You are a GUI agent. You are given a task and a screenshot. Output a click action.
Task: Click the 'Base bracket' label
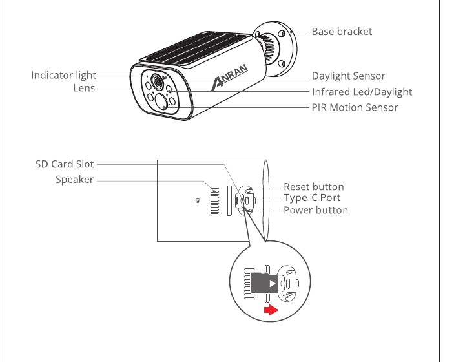pyautogui.click(x=342, y=32)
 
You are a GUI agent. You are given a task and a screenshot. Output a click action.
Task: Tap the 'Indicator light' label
pyautogui.click(x=63, y=76)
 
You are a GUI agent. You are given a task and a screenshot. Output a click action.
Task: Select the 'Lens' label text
pyautogui.click(x=84, y=88)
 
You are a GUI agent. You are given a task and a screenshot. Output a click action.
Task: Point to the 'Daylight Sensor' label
pyautogui.click(x=349, y=76)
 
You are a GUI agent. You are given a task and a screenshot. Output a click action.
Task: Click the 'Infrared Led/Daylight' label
pyautogui.click(x=362, y=92)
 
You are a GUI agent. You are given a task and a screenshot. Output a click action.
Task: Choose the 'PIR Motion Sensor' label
pyautogui.click(x=355, y=107)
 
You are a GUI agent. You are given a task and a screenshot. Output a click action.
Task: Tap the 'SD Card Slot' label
pyautogui.click(x=65, y=164)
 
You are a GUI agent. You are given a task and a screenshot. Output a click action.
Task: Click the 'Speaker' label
pyautogui.click(x=75, y=180)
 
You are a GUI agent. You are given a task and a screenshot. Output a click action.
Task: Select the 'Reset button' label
pyautogui.click(x=314, y=187)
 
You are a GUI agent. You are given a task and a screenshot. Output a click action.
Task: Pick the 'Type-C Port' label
pyautogui.click(x=312, y=198)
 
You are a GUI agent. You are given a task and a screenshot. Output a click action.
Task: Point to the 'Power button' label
pyautogui.click(x=316, y=210)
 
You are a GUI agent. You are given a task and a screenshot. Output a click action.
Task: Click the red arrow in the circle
pyautogui.click(x=271, y=310)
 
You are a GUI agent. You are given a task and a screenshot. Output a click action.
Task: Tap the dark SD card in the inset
pyautogui.click(x=264, y=283)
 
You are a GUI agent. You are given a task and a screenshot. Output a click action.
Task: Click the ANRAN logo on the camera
pyautogui.click(x=229, y=77)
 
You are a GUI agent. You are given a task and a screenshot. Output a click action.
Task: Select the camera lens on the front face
pyautogui.click(x=157, y=81)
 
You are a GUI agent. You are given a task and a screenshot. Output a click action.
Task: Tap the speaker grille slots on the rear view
pyautogui.click(x=214, y=201)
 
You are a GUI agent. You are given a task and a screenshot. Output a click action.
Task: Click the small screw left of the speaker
pyautogui.click(x=198, y=201)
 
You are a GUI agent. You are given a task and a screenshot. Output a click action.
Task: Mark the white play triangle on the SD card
pyautogui.click(x=273, y=284)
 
